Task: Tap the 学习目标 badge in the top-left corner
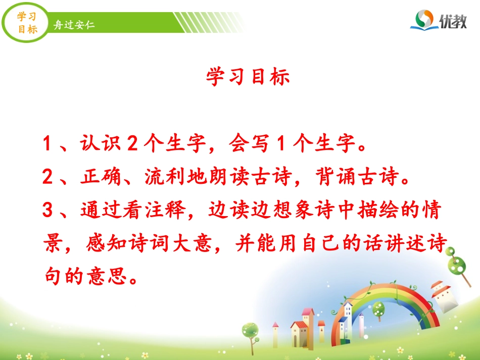pyautogui.click(x=27, y=23)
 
